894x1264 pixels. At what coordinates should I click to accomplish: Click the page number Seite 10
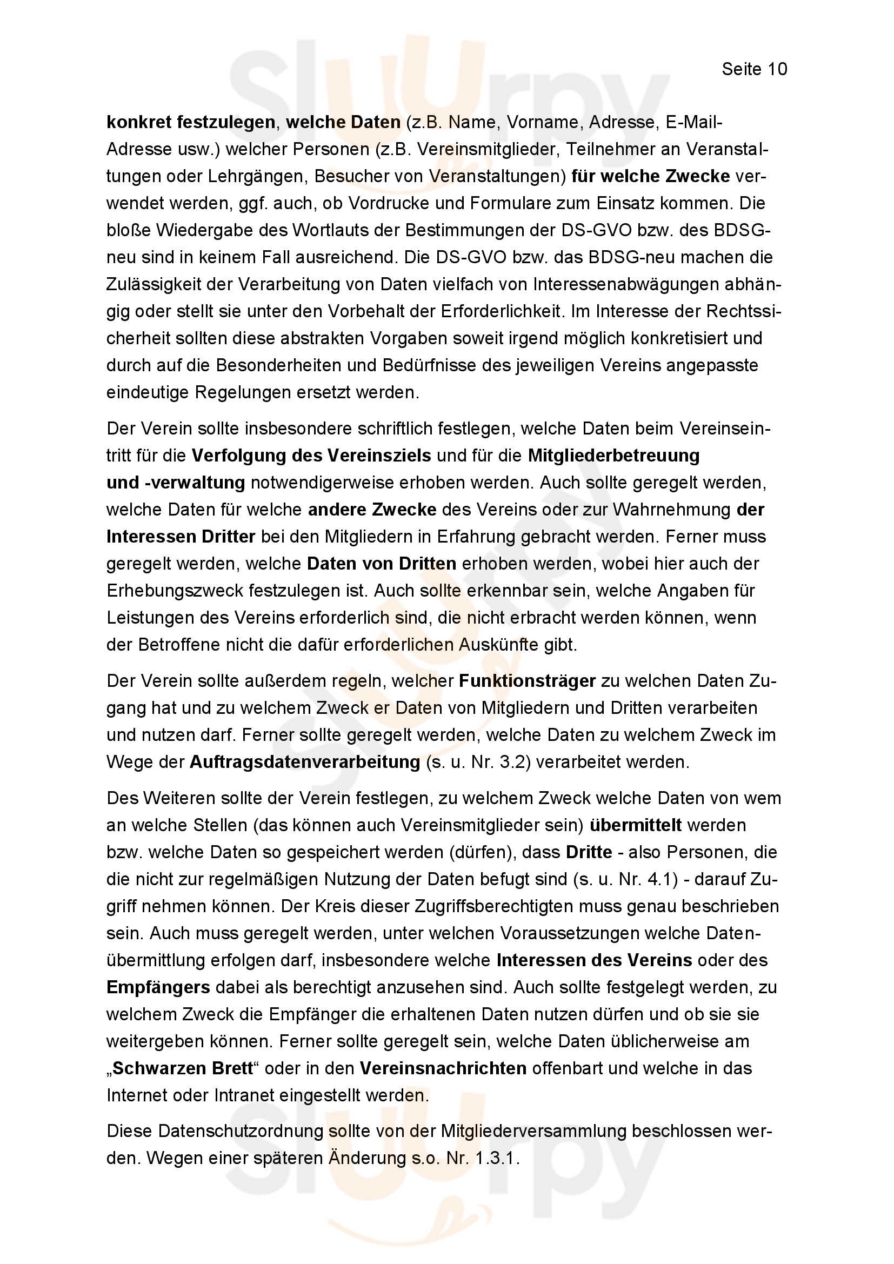coord(754,69)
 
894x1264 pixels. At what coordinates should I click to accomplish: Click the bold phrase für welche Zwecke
coord(651,176)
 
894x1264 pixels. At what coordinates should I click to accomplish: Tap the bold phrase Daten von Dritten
coord(382,563)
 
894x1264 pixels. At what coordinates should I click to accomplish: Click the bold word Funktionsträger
coord(528,681)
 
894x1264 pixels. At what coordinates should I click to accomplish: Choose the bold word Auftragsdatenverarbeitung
coord(305,762)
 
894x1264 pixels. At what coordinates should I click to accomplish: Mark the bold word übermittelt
coord(636,825)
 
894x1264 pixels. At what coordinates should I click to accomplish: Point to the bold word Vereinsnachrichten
coord(443,1068)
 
